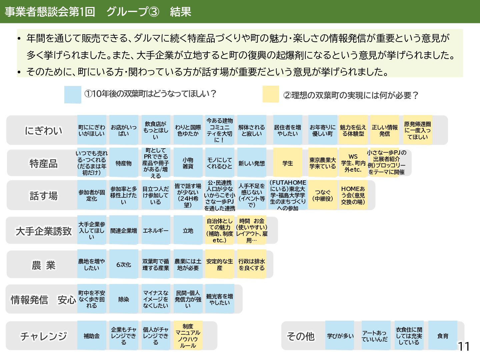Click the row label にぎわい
point(43,130)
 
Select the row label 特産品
point(43,163)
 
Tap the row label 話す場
point(43,196)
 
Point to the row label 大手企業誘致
point(43,231)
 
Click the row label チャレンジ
point(43,336)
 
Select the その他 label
point(300,336)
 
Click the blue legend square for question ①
point(73,94)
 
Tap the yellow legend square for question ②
point(271,94)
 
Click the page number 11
point(463,347)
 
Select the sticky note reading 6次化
point(124,264)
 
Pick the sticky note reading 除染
point(124,299)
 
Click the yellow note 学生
point(288,163)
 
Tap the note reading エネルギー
point(156,231)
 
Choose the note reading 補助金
point(92,336)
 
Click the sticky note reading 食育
point(443,336)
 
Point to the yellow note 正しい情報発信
point(385,130)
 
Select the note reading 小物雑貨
point(188,163)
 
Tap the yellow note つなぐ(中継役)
point(323,195)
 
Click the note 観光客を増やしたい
point(219,299)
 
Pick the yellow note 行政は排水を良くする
point(252,264)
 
